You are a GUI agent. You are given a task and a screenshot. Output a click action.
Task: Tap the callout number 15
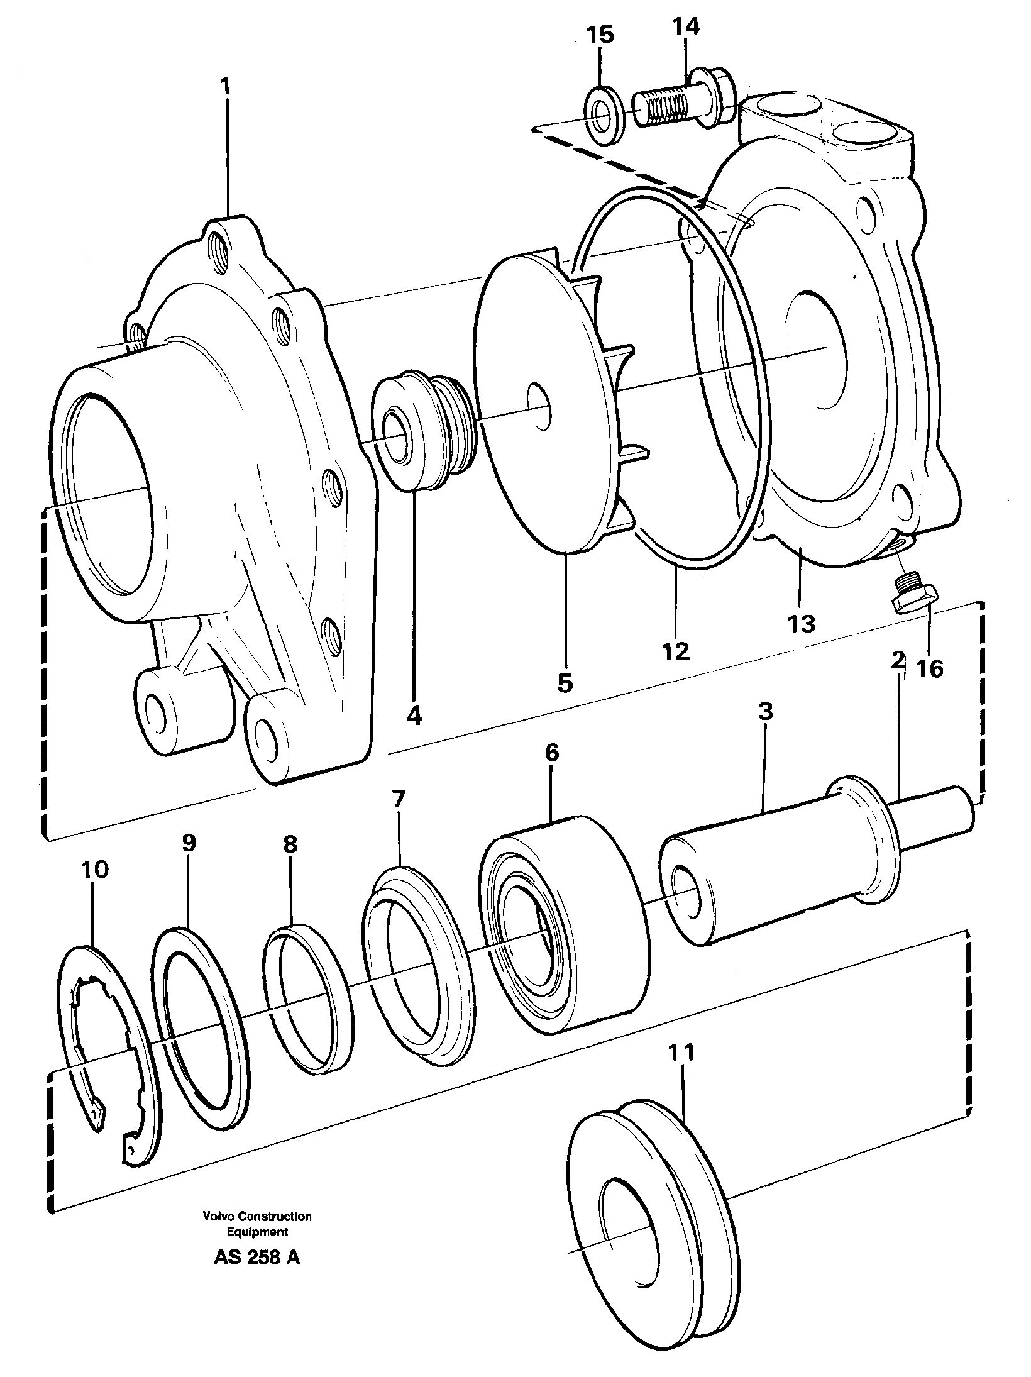coord(600,35)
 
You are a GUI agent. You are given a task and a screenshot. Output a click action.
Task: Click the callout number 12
coord(676,650)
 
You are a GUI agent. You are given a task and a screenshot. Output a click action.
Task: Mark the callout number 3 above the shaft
coord(765,712)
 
